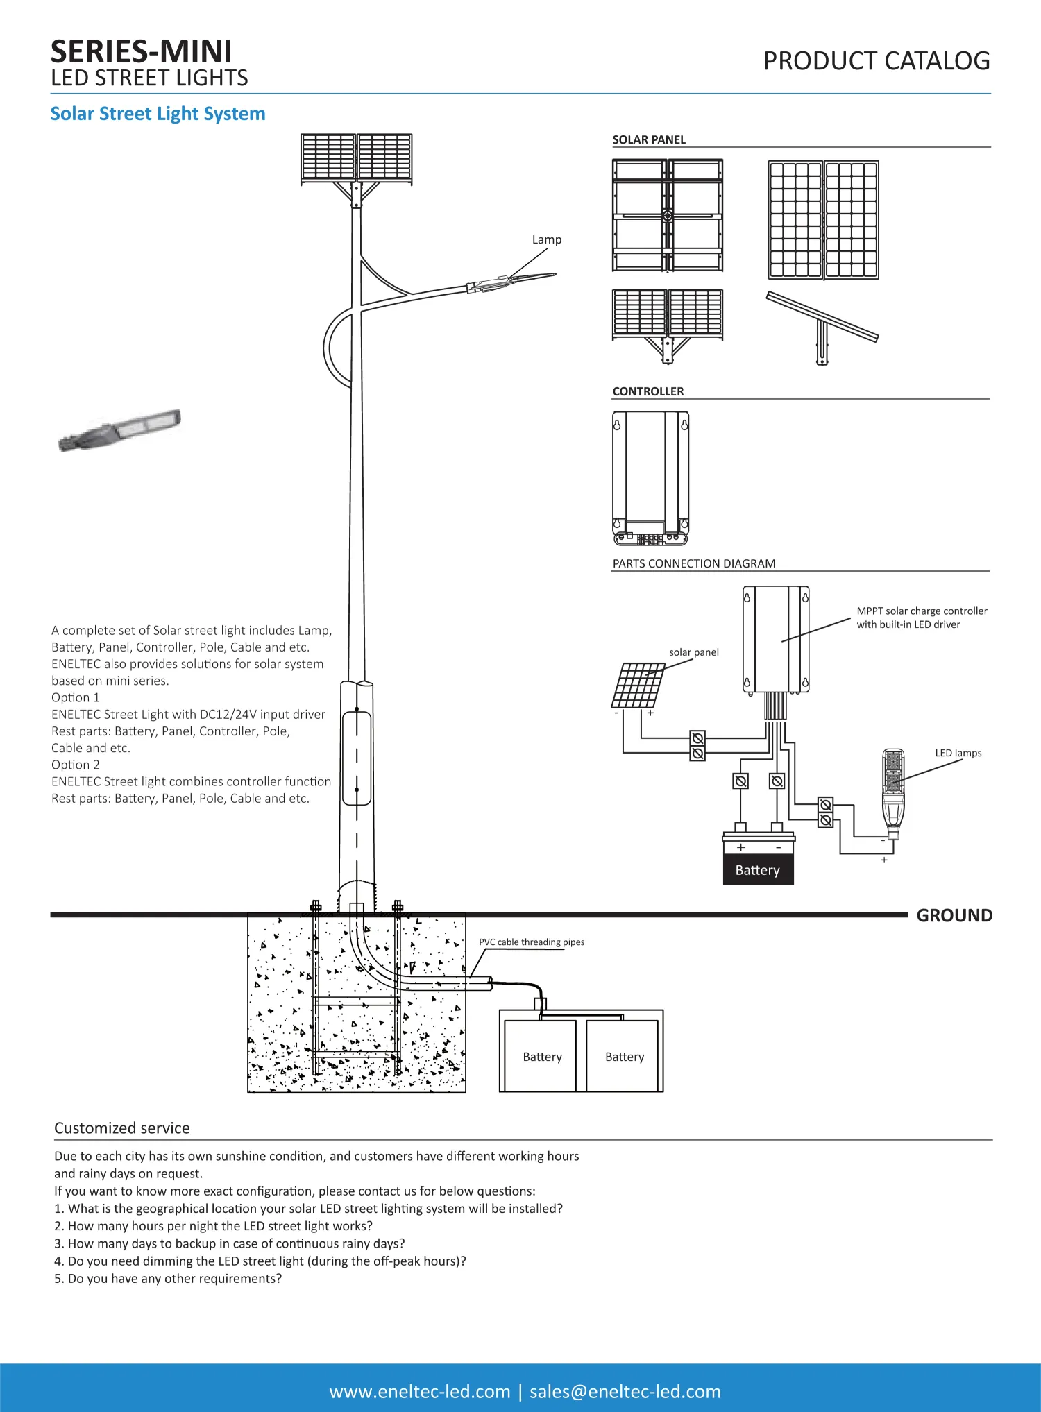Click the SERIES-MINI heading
[141, 52]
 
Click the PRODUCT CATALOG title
[876, 61]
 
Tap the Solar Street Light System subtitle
[158, 114]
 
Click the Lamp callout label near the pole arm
[546, 239]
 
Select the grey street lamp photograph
[119, 430]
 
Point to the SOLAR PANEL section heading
[648, 139]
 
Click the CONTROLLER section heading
[648, 391]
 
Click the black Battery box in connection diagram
[758, 869]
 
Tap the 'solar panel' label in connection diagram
[693, 652]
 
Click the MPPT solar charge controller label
[921, 618]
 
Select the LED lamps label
[958, 753]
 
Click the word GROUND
[954, 915]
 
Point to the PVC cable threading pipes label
[531, 942]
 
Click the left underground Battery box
[541, 1056]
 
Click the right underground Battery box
[624, 1056]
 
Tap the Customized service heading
[121, 1128]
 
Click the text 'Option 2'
[75, 765]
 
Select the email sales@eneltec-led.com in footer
[625, 1391]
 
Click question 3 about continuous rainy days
[229, 1243]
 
